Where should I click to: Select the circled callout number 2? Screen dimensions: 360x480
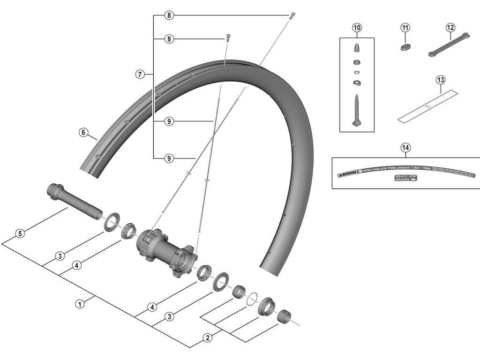(x=206, y=337)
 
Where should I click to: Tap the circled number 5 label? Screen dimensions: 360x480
(x=19, y=233)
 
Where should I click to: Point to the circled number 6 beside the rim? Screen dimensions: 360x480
(x=83, y=132)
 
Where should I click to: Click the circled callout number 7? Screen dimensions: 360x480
(x=139, y=74)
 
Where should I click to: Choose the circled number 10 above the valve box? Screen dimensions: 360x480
(x=357, y=27)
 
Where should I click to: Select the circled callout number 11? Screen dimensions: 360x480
(x=405, y=27)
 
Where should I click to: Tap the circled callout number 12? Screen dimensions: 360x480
(x=450, y=27)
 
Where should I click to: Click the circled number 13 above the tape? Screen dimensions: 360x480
(x=440, y=80)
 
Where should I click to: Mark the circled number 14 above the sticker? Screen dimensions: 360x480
(x=405, y=148)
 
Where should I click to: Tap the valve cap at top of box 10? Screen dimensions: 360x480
(x=357, y=48)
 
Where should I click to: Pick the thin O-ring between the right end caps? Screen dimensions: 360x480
(x=252, y=298)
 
